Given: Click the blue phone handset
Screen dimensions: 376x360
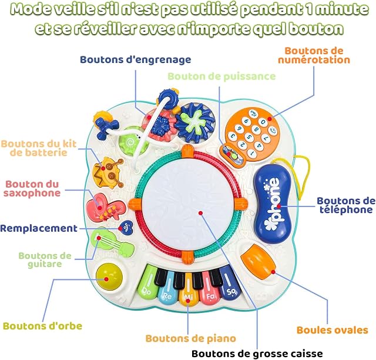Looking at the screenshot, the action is point(273,202).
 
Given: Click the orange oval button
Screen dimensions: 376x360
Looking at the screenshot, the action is point(258,261).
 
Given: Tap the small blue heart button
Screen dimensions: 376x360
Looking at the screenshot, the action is point(126,228).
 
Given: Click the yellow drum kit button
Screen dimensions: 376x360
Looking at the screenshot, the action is point(108,172).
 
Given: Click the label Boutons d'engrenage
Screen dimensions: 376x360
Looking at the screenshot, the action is point(136,59).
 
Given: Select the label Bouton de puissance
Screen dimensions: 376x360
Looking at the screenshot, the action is point(221,76).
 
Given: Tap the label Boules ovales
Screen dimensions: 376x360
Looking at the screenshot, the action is point(332,330).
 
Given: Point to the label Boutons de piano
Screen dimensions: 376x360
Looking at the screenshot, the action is point(190,338).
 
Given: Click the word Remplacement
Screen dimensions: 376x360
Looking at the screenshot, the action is point(39,228).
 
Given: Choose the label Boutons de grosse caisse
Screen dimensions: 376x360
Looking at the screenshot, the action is point(257,354).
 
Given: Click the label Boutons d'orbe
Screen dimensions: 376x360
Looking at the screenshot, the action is point(42,326).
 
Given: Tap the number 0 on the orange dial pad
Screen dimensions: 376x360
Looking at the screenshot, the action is point(263,122).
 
